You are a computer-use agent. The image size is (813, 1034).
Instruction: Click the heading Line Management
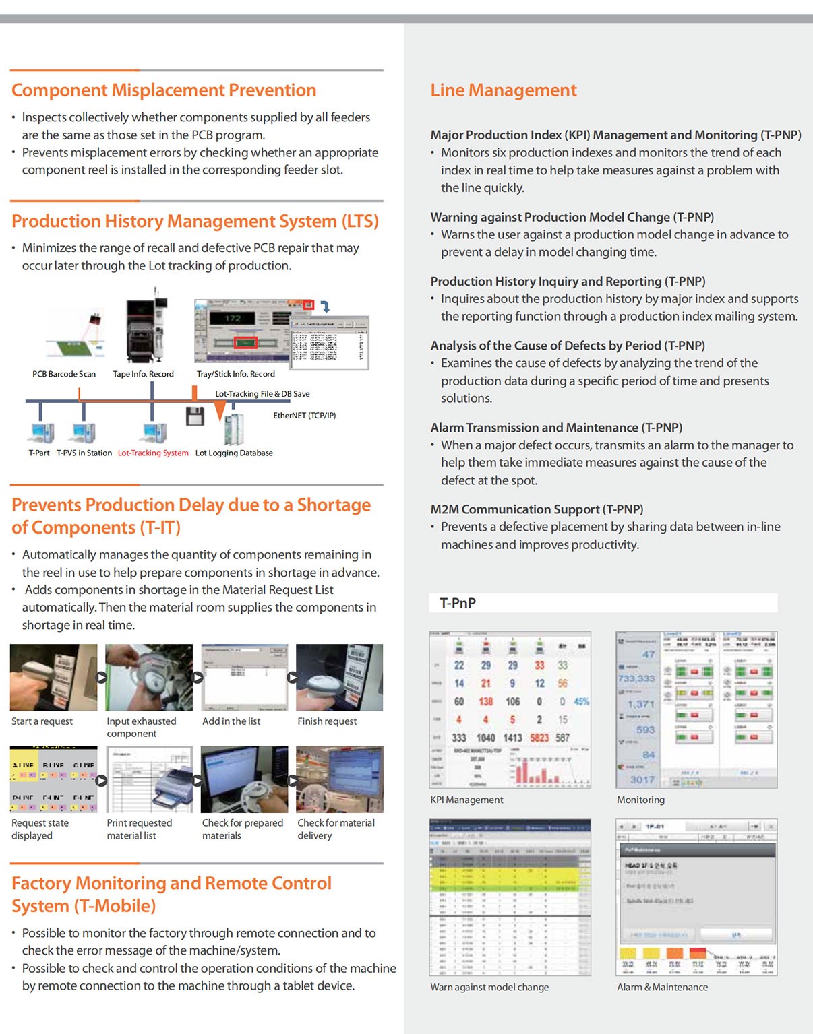504,90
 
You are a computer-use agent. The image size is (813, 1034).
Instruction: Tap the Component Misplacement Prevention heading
164,90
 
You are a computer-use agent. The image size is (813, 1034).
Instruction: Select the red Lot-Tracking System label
153,453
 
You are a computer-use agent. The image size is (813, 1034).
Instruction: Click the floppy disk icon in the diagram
195,416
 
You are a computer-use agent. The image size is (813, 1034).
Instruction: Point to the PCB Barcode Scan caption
64,374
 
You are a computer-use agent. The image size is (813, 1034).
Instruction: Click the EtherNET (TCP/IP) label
304,416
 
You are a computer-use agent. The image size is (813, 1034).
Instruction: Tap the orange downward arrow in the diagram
220,411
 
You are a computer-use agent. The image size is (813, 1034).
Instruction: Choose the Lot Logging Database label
234,453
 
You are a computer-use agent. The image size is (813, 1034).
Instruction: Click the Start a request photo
53,677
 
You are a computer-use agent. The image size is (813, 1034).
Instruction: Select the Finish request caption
327,721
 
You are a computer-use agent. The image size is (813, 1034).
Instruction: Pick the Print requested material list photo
149,779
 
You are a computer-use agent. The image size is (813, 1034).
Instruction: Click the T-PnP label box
603,603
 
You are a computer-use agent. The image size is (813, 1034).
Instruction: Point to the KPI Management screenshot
510,709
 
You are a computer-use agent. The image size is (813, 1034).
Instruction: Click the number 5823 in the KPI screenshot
539,738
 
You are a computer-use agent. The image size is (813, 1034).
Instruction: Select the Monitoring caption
640,800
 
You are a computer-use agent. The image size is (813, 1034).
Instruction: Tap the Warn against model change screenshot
510,897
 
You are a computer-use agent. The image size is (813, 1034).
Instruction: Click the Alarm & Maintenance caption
662,987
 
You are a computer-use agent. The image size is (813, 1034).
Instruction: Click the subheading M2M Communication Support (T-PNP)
537,509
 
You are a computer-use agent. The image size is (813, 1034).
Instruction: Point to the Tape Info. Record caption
143,374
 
